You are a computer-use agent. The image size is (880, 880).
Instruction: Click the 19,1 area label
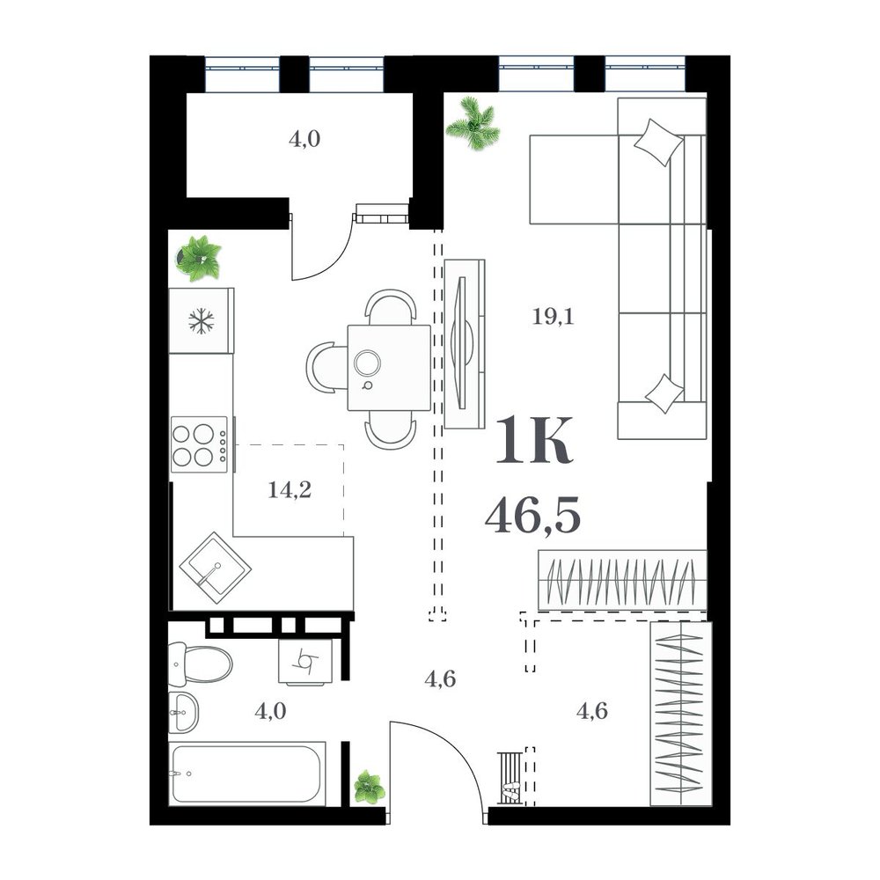click(553, 317)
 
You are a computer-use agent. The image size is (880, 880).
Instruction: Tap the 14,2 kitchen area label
click(290, 490)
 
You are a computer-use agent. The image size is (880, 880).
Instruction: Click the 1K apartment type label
click(535, 440)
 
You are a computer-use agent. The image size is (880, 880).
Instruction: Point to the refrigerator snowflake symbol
click(201, 321)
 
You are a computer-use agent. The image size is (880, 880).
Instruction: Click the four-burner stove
click(199, 444)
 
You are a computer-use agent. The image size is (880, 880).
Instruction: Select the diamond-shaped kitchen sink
click(216, 568)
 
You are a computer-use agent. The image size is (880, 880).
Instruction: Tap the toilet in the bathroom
click(201, 664)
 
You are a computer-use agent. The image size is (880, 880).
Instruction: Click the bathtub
click(247, 774)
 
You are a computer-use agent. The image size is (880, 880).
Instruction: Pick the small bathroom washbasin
click(183, 712)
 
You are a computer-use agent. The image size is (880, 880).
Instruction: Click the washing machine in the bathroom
click(306, 662)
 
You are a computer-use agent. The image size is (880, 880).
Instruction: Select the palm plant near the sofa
click(473, 124)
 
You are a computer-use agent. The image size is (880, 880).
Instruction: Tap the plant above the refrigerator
click(199, 258)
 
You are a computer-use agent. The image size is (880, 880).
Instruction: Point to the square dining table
click(389, 368)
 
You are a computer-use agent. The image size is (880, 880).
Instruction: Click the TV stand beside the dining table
click(465, 343)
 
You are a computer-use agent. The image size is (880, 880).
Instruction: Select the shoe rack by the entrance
click(510, 779)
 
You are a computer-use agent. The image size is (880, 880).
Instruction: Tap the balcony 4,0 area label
click(304, 139)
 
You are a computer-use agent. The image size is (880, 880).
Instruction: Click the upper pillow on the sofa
click(658, 142)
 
